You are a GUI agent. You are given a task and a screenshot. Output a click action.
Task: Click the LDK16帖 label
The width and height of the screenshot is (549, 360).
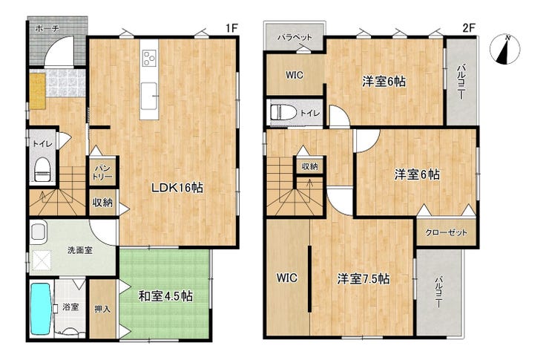coord(177,188)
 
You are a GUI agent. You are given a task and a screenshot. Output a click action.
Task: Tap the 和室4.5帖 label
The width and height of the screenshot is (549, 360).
coord(165,296)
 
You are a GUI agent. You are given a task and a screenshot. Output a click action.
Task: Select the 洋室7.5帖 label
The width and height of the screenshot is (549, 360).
coord(364,279)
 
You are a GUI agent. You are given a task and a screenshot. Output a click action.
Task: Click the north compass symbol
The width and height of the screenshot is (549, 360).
coord(505,50)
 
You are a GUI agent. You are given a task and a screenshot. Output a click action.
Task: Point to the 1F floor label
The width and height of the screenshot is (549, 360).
coord(231,28)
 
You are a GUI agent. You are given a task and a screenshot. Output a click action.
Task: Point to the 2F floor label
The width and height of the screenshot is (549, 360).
coord(469,28)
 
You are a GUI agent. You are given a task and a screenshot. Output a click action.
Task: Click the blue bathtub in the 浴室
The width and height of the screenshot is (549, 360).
coord(41,308)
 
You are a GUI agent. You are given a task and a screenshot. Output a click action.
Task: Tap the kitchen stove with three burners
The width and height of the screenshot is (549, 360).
coord(150,58)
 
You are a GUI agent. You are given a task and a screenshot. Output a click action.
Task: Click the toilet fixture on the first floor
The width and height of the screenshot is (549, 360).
coord(43,169)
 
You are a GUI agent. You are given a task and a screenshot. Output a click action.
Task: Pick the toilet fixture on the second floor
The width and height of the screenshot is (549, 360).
coord(280,113)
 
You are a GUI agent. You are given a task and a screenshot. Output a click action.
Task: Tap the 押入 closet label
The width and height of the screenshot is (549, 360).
coord(102,309)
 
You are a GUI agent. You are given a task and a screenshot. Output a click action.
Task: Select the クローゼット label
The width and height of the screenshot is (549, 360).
coord(446,232)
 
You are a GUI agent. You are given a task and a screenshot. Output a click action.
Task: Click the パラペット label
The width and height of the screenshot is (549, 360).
coord(295,37)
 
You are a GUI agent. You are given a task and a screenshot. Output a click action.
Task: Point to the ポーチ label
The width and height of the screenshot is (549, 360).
coord(47,29)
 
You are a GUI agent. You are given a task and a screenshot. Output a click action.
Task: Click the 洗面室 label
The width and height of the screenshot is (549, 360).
coord(80,250)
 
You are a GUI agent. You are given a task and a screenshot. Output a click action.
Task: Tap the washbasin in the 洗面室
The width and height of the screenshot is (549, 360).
coord(37,230)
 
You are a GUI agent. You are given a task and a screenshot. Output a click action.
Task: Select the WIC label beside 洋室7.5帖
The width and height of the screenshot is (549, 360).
coord(287,278)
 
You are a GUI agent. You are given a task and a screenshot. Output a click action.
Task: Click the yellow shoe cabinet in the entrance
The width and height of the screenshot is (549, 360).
coord(37,91)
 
